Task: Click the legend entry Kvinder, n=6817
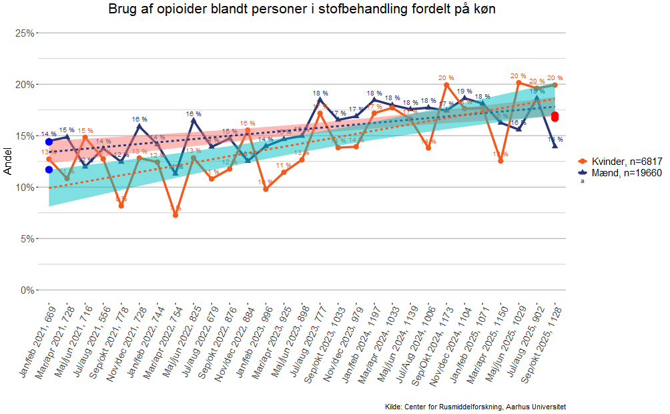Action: tap(620, 162)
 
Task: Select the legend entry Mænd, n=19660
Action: tap(620, 172)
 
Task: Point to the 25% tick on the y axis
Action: tap(25, 33)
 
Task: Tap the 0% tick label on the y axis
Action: tap(27, 290)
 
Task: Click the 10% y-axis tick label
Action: tap(25, 187)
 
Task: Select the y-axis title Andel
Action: tap(8, 161)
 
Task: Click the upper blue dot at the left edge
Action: tap(49, 142)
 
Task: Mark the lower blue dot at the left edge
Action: tap(49, 170)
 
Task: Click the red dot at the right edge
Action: tap(555, 117)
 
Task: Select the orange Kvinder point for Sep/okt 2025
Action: tap(555, 85)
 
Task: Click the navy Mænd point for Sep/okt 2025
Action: tap(555, 146)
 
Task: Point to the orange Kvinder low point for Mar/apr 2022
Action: tap(176, 215)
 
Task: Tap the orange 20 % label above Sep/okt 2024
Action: tap(446, 77)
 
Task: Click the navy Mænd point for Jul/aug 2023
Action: tap(320, 99)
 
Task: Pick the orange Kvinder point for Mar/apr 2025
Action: tap(500, 161)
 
